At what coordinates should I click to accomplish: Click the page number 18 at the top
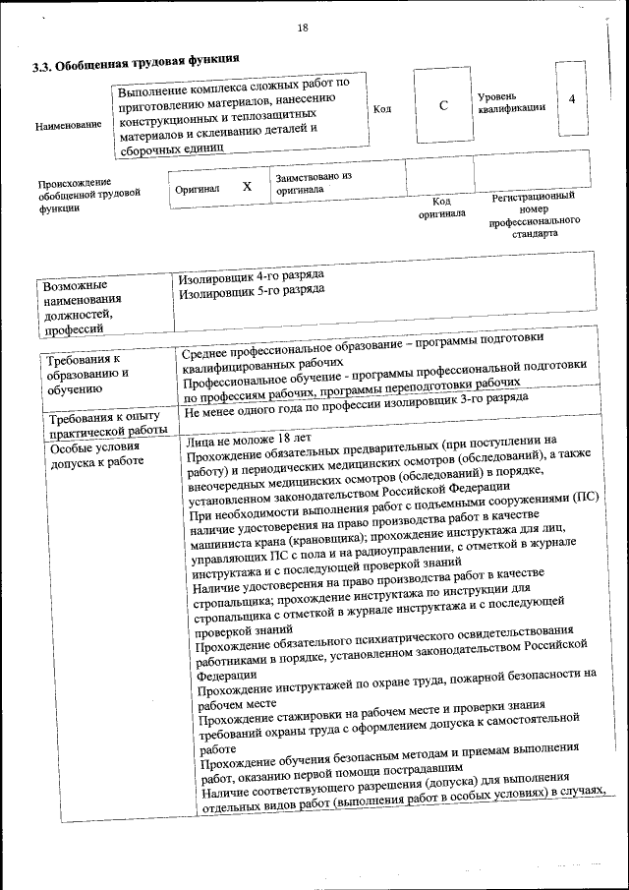pyautogui.click(x=303, y=29)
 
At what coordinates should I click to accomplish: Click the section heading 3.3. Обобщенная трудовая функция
pyautogui.click(x=134, y=66)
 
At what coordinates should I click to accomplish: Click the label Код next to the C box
pyautogui.click(x=382, y=108)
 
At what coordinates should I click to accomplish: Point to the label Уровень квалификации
pyautogui.click(x=511, y=102)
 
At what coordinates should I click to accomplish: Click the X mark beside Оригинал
pyautogui.click(x=247, y=186)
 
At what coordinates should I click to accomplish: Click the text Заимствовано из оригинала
pyautogui.click(x=314, y=183)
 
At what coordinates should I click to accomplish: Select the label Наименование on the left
pyautogui.click(x=68, y=126)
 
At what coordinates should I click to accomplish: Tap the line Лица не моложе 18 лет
pyautogui.click(x=249, y=440)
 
